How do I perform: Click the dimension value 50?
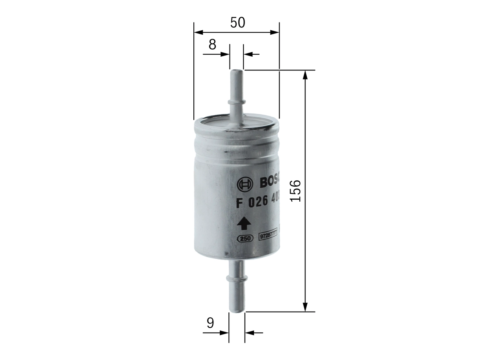237,23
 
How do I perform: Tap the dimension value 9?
210,323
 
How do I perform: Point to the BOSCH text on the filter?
269,182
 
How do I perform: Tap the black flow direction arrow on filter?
244,223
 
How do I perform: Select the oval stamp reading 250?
245,238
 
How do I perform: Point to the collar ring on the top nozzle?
236,102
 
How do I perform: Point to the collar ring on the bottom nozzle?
236,279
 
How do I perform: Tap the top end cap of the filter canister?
236,122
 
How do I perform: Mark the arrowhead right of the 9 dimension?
249,333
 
